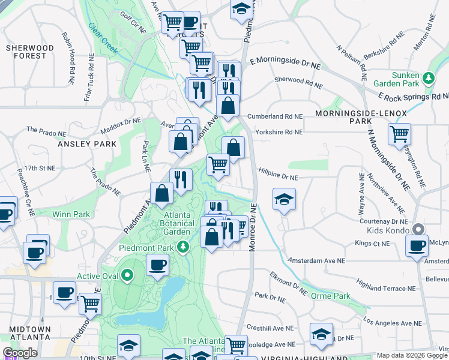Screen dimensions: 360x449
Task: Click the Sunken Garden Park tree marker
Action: point(429,77)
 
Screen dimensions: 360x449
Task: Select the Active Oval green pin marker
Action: point(127,276)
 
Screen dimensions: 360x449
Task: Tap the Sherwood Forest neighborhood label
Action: point(26,52)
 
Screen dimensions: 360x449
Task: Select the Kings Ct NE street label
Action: point(372,244)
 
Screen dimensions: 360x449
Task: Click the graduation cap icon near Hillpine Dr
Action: point(285,199)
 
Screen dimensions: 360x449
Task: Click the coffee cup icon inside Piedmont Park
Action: point(158,265)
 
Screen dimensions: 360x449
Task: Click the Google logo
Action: point(20,353)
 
